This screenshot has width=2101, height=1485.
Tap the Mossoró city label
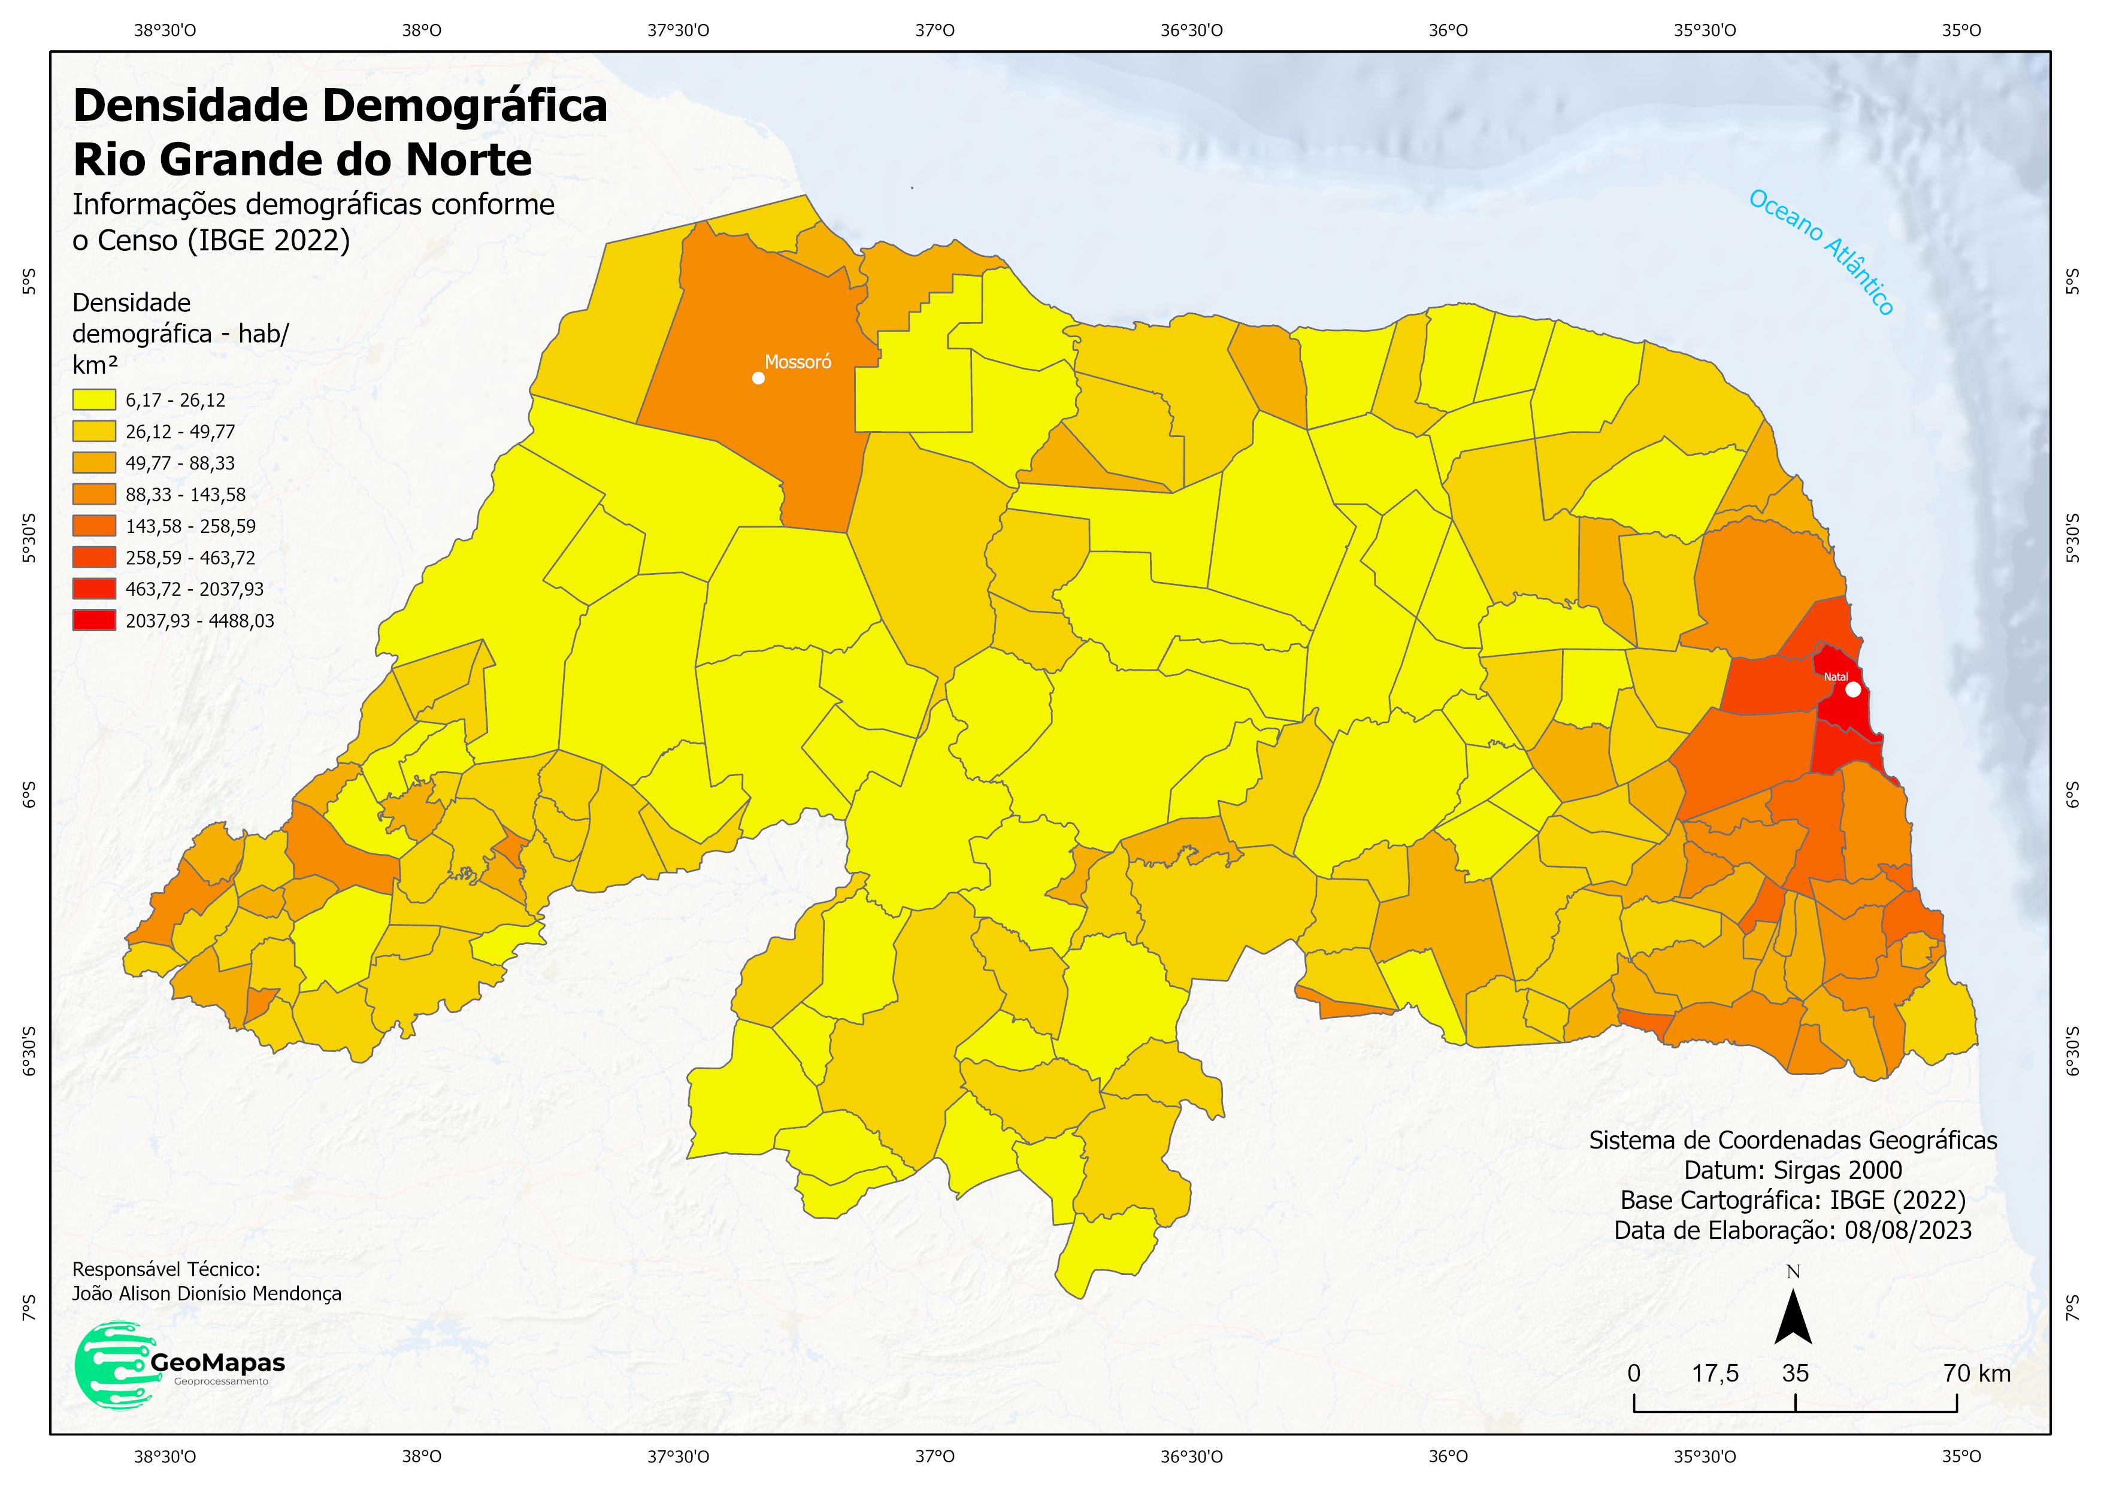[798, 362]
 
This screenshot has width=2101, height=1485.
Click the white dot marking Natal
[1853, 690]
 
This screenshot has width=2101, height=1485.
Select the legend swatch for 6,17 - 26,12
[93, 400]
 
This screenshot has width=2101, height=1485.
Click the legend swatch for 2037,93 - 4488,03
[93, 620]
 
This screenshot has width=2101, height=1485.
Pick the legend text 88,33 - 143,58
[186, 495]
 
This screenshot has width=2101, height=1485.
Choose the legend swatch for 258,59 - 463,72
[93, 557]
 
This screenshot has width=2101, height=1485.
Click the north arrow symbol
[1793, 1317]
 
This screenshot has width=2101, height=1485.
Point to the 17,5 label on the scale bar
[1715, 1374]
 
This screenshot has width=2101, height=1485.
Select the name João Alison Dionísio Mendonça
[207, 1294]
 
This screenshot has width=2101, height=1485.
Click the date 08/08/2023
[1908, 1231]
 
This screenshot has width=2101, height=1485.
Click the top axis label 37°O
[934, 30]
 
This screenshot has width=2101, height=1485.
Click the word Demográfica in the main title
[463, 106]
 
